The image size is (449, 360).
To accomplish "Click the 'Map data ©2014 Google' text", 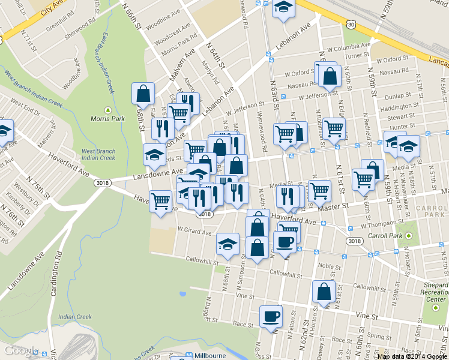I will click(412, 356).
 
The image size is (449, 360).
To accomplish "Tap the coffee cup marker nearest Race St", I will click(270, 316).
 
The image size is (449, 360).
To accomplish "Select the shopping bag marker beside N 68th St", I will click(143, 94).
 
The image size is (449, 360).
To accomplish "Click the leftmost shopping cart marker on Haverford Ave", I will click(160, 202).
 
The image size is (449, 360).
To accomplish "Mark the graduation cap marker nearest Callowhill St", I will click(227, 244).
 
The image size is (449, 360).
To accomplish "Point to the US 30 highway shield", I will click(351, 23).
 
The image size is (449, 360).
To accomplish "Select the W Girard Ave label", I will click(194, 231).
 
